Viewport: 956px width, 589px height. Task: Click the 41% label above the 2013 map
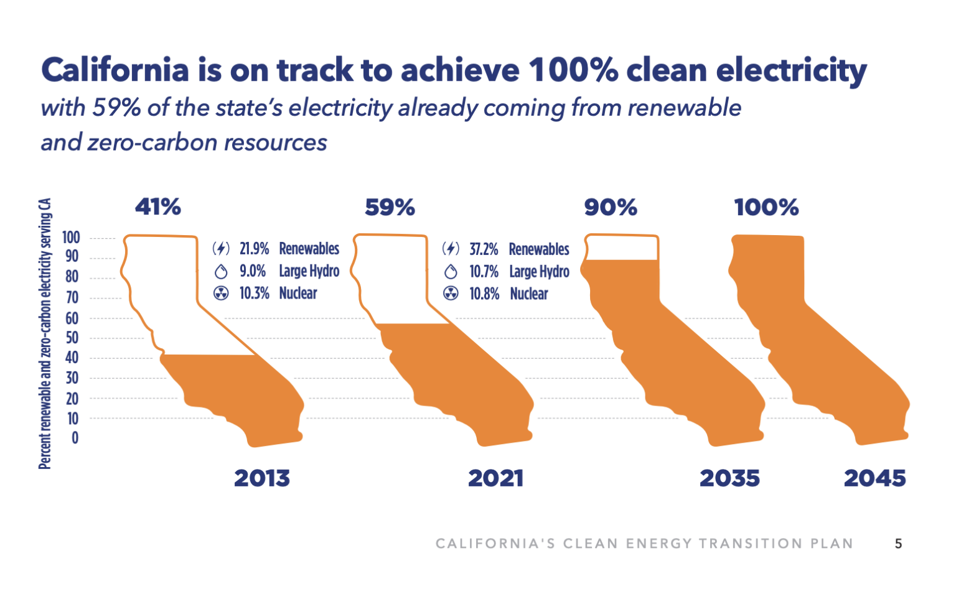[x=158, y=206]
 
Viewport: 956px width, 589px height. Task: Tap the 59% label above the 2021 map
[x=390, y=207]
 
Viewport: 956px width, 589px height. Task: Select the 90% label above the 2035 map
[x=611, y=207]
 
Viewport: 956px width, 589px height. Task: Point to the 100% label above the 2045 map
[x=766, y=207]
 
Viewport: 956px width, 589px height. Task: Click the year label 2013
[x=262, y=478]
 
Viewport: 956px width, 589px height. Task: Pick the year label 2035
[x=729, y=478]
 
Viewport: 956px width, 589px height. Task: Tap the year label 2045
[x=874, y=478]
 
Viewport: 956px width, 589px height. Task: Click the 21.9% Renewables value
[x=255, y=249]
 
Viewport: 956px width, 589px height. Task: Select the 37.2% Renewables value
[x=484, y=249]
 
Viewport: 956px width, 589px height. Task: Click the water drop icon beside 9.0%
[x=221, y=272]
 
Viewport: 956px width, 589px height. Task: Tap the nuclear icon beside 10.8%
[x=451, y=294]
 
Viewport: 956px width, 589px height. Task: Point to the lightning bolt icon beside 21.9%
[x=221, y=249]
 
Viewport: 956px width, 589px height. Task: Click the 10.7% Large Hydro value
[x=484, y=272]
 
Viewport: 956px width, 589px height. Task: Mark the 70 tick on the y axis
[x=72, y=298]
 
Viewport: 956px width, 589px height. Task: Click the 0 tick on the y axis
[x=75, y=438]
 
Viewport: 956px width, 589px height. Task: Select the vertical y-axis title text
[x=45, y=333]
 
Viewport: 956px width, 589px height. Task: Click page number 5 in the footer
[x=898, y=544]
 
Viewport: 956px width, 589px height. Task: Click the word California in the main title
[x=115, y=70]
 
